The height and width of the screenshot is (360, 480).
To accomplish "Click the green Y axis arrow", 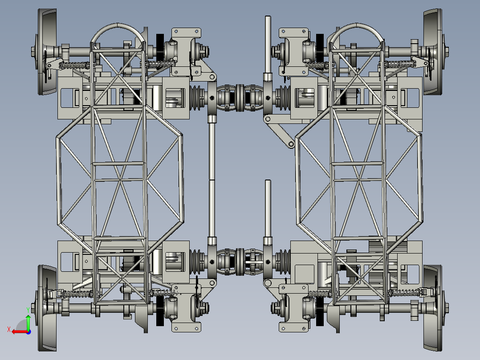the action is (28, 322).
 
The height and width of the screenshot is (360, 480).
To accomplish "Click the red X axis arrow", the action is (21, 332).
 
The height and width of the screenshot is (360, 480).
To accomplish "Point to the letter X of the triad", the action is (9, 329).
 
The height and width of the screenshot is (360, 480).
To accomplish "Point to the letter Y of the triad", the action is (28, 310).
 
